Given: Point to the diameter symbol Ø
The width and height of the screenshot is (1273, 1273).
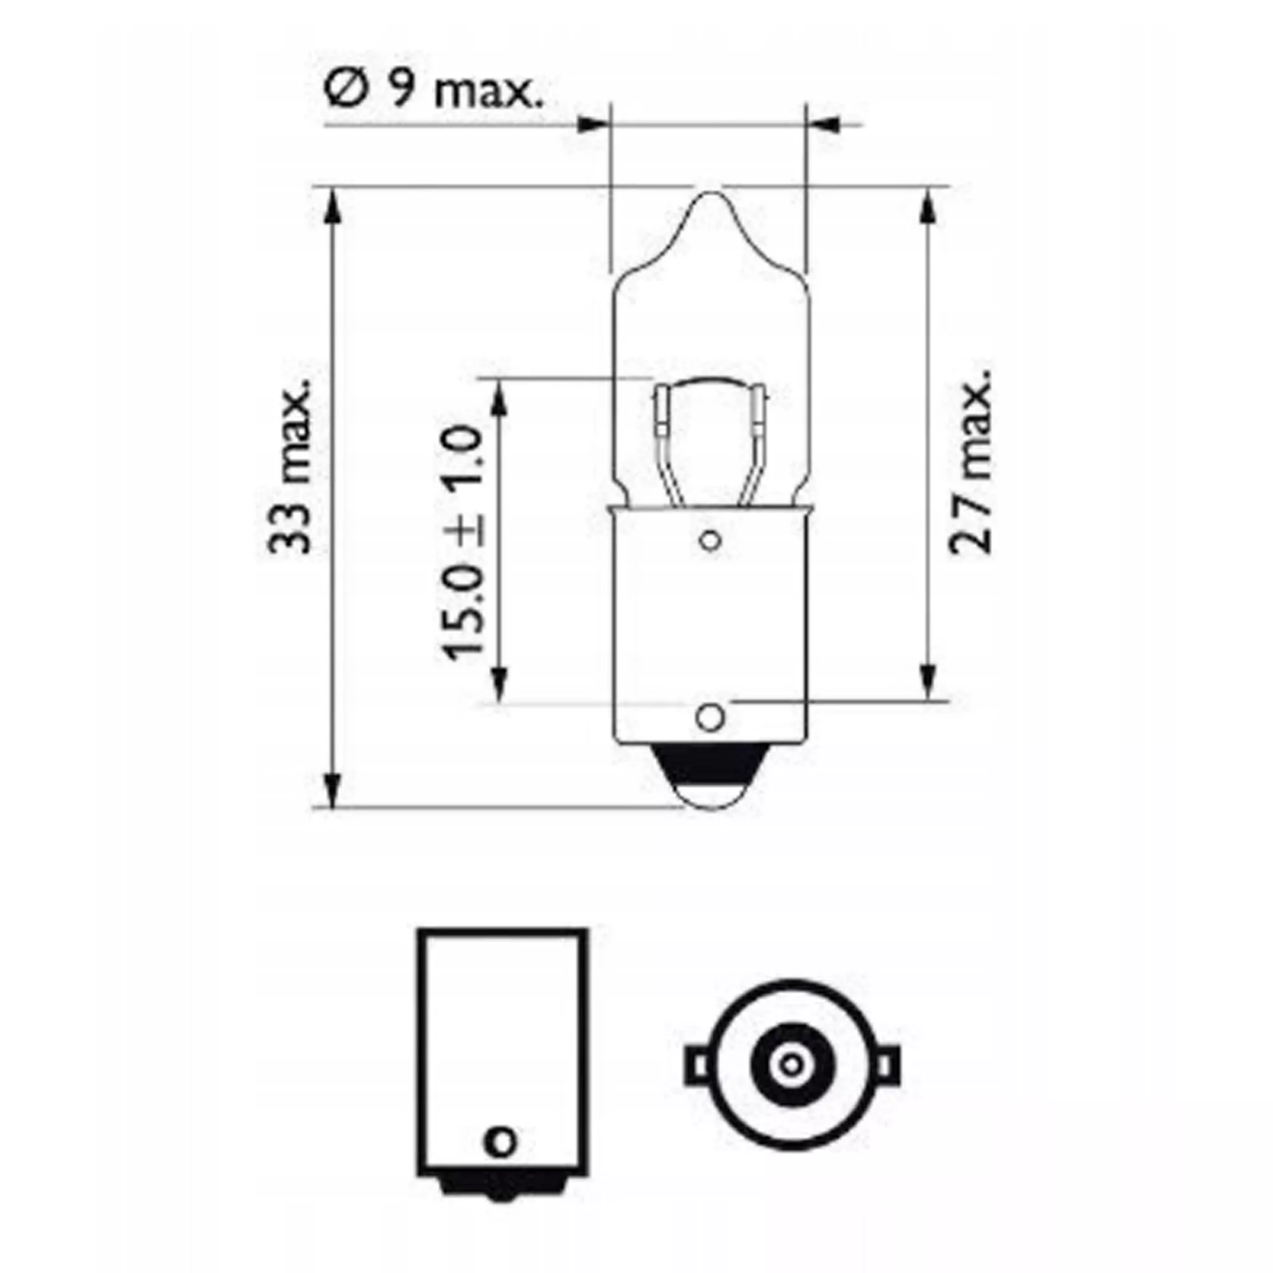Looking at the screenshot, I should pos(344,92).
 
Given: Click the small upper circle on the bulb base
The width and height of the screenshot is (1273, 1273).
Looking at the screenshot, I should pos(710,542).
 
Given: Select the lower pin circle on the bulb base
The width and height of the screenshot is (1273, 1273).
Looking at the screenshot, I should pos(710,716).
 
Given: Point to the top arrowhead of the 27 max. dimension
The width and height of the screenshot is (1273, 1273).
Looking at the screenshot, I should pos(928,206).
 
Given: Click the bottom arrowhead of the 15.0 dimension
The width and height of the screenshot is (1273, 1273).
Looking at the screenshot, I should pos(500,686).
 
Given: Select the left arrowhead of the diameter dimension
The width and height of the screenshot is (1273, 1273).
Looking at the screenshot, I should pos(591,124).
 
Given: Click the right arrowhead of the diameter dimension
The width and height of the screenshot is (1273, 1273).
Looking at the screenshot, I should pos(825,124).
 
